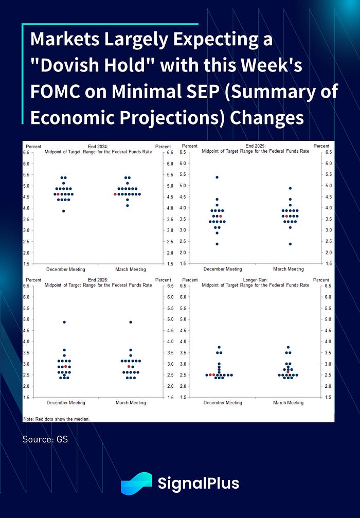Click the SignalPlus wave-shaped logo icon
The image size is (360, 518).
tap(136, 484)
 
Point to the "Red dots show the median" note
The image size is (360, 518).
tap(57, 419)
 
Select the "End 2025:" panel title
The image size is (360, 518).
tap(255, 146)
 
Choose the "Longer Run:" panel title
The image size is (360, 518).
tap(255, 280)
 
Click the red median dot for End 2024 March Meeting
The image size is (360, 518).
tap(115, 194)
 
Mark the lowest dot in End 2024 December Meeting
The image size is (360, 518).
tap(63, 211)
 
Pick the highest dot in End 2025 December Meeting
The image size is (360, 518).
tap(217, 177)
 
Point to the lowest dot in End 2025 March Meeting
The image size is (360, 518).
tap(290, 244)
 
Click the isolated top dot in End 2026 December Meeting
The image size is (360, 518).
tap(64, 322)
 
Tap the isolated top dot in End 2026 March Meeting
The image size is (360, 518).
tap(131, 322)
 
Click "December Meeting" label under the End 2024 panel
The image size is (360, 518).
tap(66, 269)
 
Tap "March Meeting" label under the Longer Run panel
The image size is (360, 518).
tap(288, 403)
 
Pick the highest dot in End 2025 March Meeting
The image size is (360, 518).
tap(290, 188)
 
